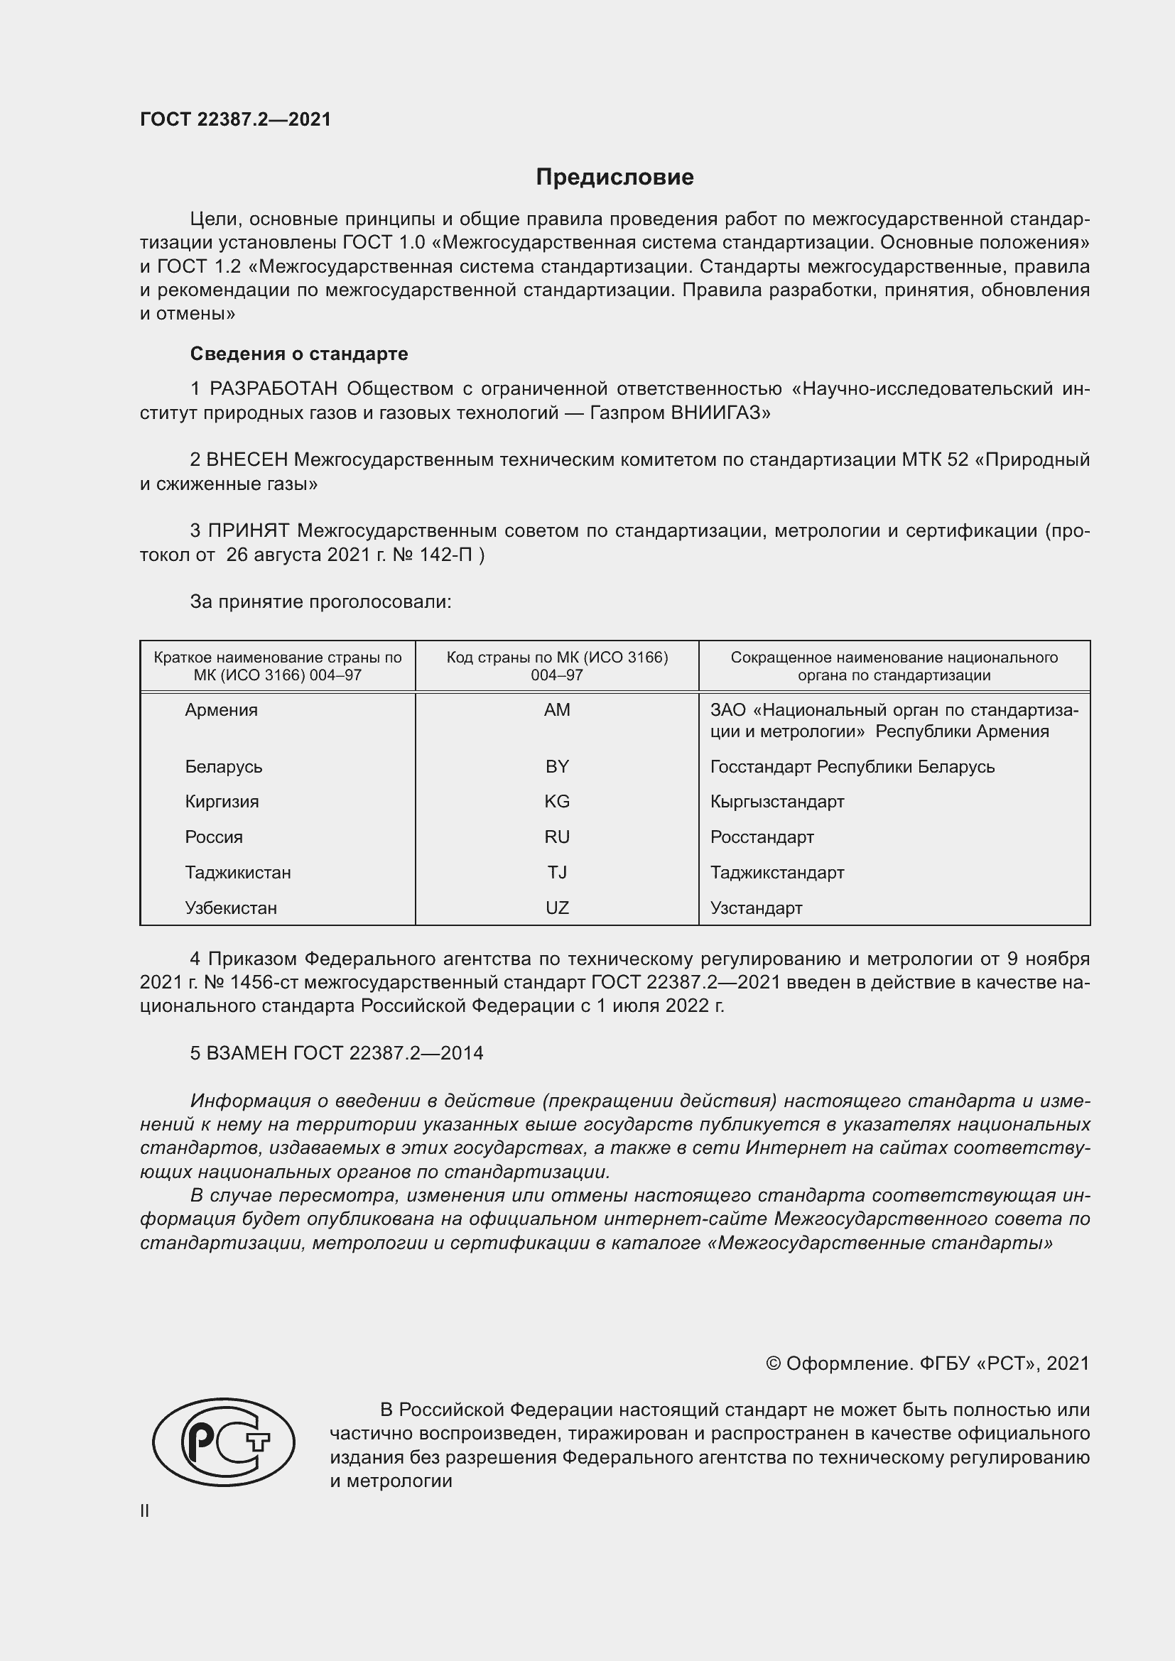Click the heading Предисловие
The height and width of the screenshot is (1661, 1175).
point(614,178)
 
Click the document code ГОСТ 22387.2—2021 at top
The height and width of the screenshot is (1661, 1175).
point(235,119)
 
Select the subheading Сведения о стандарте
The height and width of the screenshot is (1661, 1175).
point(299,354)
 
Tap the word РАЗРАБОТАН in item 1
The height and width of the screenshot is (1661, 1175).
point(274,389)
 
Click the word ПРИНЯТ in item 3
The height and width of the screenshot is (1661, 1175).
point(249,531)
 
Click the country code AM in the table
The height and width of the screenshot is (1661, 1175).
point(556,709)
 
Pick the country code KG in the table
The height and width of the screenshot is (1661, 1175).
point(556,802)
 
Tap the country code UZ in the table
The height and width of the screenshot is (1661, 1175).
point(556,908)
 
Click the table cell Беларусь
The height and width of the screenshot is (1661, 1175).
point(224,767)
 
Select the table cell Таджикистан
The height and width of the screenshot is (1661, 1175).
point(238,873)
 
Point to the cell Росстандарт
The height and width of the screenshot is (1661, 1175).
point(762,837)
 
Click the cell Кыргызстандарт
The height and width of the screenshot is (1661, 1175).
point(777,802)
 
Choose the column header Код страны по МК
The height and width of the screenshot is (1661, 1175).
point(556,665)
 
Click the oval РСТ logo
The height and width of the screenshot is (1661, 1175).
point(224,1442)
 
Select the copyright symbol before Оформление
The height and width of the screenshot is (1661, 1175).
point(773,1363)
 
